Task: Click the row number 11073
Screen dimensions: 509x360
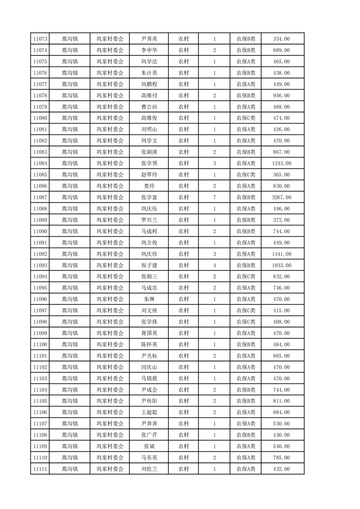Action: point(41,39)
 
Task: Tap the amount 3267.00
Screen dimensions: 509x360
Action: point(281,197)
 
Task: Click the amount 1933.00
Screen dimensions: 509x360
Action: point(281,265)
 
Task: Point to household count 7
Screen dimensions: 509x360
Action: point(214,197)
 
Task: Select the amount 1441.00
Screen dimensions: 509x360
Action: point(281,254)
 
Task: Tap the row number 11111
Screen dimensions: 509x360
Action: point(41,469)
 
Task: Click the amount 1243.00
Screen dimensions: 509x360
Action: point(281,163)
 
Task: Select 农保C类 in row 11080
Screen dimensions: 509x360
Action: point(246,118)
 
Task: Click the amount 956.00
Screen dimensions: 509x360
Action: point(281,96)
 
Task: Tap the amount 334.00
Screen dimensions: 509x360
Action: point(281,39)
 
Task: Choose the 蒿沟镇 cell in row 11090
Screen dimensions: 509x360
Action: point(69,231)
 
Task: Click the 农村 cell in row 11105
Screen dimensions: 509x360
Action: point(183,401)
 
